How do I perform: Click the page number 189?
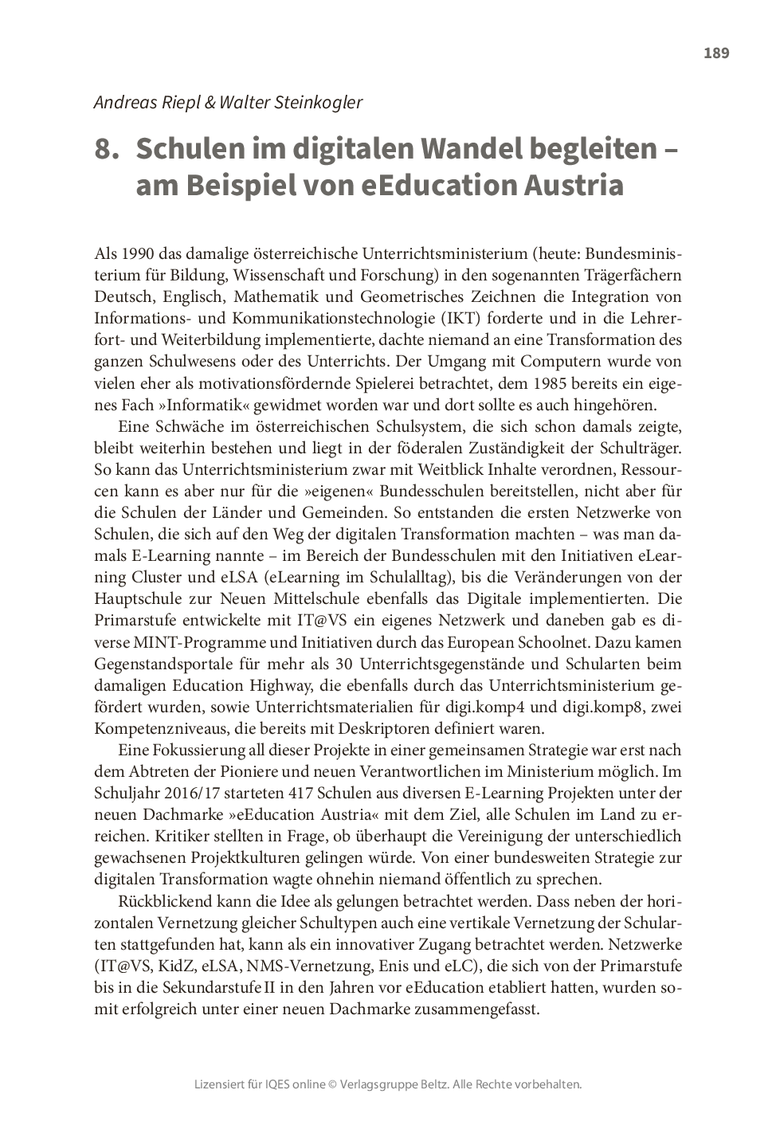[x=716, y=53]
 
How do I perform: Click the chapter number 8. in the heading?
[x=107, y=149]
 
